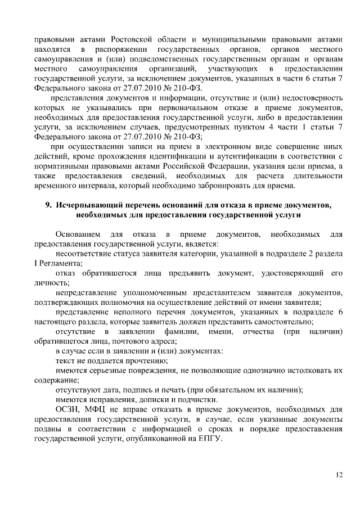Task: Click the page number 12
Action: (x=339, y=474)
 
